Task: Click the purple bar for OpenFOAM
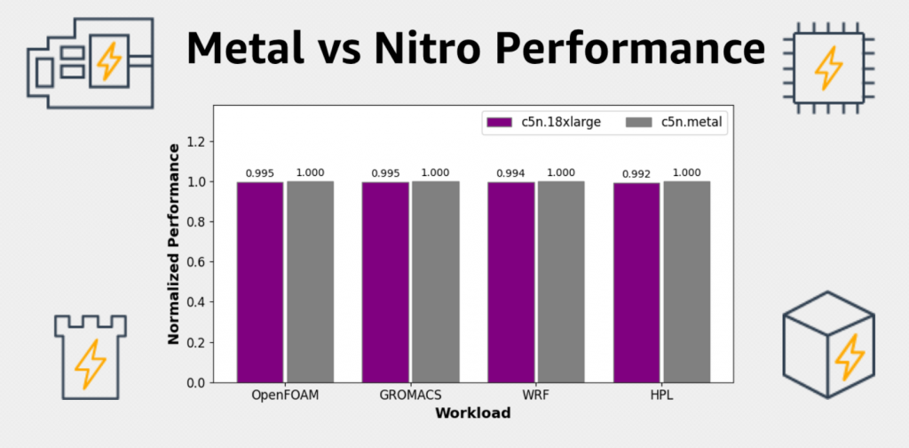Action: (259, 282)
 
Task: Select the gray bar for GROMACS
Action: (435, 282)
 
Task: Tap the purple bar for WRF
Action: (510, 282)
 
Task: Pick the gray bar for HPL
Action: (686, 282)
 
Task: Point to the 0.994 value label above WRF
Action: (510, 173)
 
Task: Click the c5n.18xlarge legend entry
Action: (542, 123)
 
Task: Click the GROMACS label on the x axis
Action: (410, 395)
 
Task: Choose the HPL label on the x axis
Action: (661, 395)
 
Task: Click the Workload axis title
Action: (472, 412)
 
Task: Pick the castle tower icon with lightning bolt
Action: (89, 356)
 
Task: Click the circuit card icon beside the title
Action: (90, 63)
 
